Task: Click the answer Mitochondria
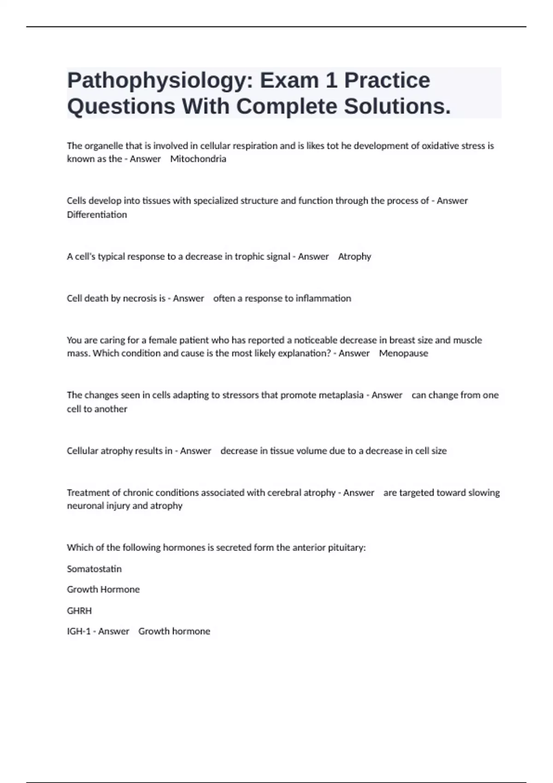click(198, 159)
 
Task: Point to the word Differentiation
click(97, 215)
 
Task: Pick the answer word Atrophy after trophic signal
click(354, 257)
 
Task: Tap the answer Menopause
click(403, 353)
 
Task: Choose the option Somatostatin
click(94, 569)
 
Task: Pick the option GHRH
click(79, 611)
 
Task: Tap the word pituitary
click(346, 548)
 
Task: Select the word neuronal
click(85, 506)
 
